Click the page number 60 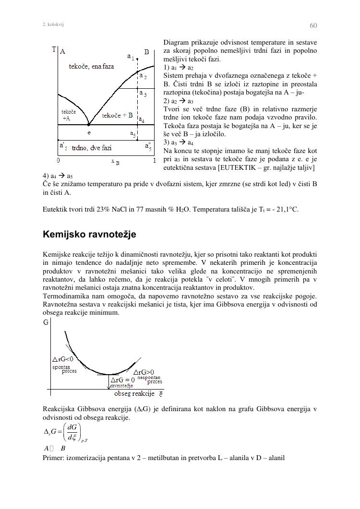313,25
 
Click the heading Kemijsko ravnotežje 89,235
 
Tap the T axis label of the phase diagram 54,49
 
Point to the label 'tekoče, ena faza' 91,67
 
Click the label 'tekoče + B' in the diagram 117,116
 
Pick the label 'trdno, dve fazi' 92,148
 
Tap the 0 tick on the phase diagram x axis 58,161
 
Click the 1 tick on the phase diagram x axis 154,161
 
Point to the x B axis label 115,162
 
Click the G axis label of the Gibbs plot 46,322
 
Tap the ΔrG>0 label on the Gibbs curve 144,372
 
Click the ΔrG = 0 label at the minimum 123,380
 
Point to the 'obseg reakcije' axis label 134,394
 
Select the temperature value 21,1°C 286,209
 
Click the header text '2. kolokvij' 53,24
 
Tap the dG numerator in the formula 73,427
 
